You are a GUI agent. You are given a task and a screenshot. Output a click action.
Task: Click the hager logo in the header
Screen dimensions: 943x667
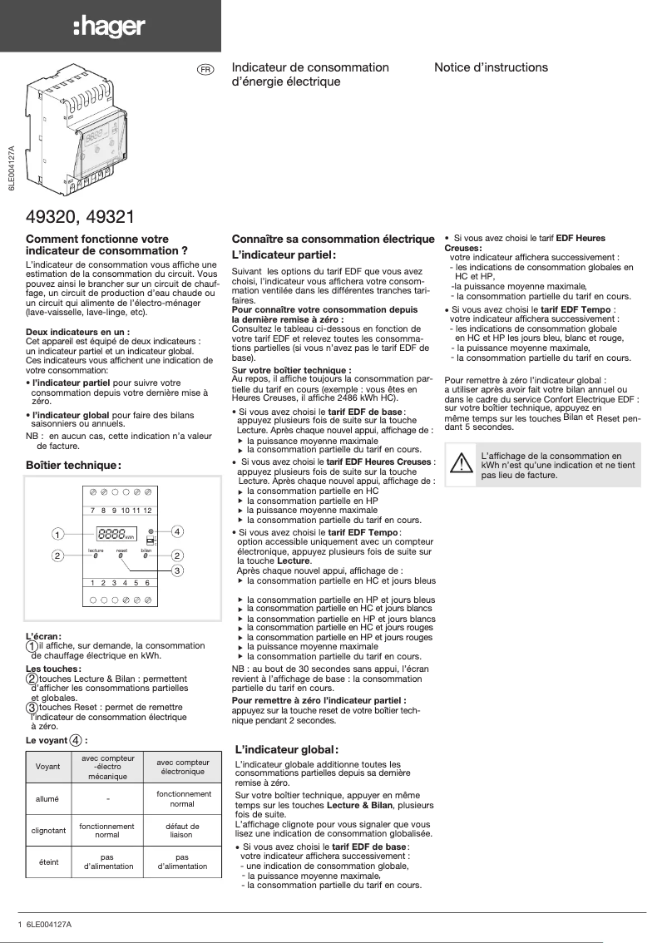click(109, 27)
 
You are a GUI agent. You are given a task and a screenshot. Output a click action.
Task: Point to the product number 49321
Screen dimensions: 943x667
click(106, 217)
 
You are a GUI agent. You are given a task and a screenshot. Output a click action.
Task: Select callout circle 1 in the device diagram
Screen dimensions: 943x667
click(57, 533)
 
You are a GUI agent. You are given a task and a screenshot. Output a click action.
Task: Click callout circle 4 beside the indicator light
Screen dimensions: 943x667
click(178, 531)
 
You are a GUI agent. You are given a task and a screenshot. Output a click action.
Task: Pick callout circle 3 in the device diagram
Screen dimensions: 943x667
click(178, 570)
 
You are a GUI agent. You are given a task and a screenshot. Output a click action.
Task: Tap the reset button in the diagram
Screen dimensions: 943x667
click(121, 556)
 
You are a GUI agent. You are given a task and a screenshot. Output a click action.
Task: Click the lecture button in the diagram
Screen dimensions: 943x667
click(96, 556)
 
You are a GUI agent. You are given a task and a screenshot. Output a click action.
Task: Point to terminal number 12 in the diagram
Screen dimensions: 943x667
click(147, 510)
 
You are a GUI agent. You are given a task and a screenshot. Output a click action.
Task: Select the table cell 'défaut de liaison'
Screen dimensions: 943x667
click(182, 830)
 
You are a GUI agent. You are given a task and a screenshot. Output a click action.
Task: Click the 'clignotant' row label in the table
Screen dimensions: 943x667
click(48, 830)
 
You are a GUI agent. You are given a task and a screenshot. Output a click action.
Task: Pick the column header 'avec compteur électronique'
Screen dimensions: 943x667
click(182, 767)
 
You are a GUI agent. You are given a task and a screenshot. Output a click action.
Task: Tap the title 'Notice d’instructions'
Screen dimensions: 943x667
click(491, 67)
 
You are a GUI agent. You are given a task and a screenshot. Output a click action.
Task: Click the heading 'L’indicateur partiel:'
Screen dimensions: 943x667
click(283, 255)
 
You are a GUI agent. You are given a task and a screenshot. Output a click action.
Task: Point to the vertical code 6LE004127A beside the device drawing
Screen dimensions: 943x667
click(12, 170)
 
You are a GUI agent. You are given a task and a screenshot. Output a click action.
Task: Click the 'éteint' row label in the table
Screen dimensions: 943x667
click(48, 862)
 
